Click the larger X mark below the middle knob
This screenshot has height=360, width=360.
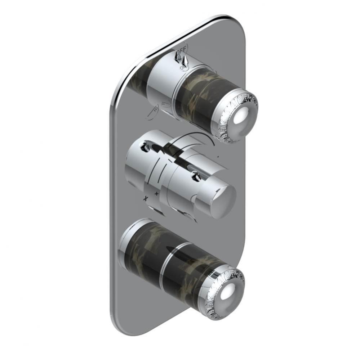click(146, 198)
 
